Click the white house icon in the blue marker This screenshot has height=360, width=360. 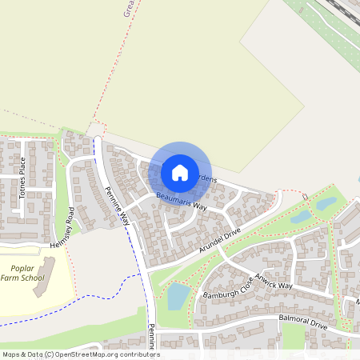coord(180,172)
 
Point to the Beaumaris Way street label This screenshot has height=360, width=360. coord(181,201)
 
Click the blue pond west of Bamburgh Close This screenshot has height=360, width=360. coord(178,296)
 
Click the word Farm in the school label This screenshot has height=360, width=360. coord(14,278)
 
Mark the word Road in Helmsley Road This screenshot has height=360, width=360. coord(70,216)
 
